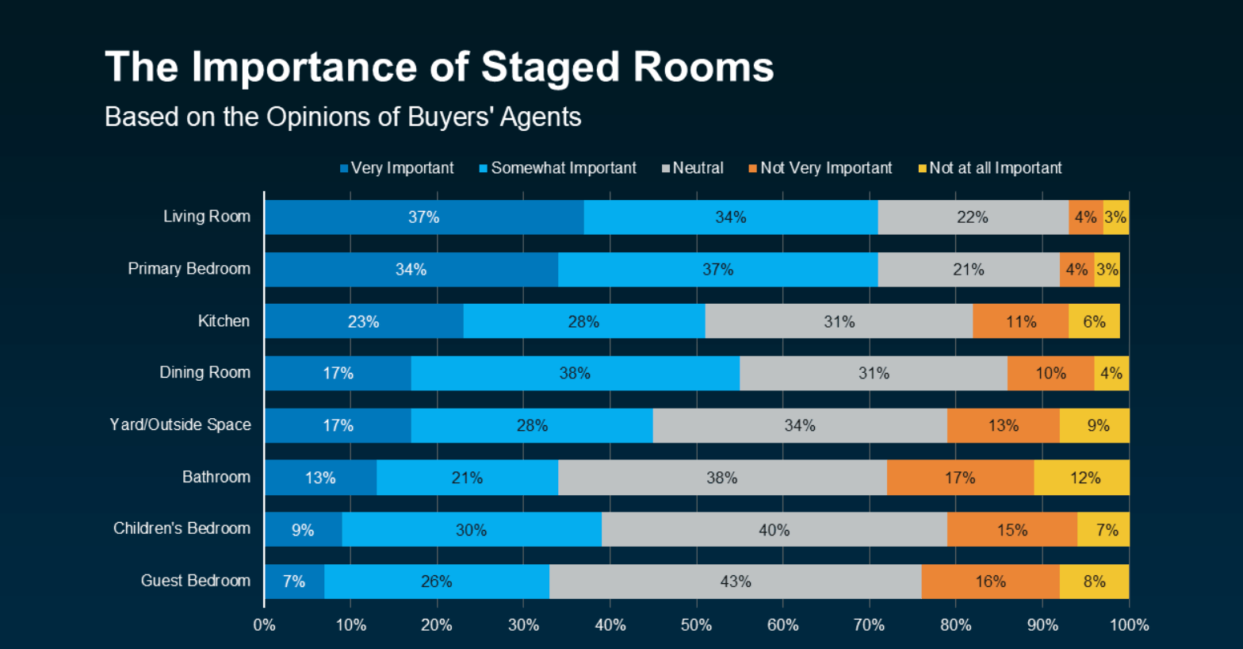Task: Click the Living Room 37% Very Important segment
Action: pyautogui.click(x=424, y=217)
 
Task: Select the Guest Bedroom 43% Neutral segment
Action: pyautogui.click(x=735, y=582)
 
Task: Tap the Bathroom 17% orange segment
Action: pyautogui.click(x=960, y=478)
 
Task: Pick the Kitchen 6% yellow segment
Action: pyautogui.click(x=1094, y=321)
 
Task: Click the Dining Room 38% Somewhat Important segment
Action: pyautogui.click(x=575, y=373)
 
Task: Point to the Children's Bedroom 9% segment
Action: pyautogui.click(x=303, y=529)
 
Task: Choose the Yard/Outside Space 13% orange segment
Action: pyautogui.click(x=1003, y=425)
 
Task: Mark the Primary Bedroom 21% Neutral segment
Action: pyautogui.click(x=968, y=270)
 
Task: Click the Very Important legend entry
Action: pyautogui.click(x=397, y=168)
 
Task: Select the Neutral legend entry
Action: pyautogui.click(x=694, y=168)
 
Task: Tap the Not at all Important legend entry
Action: pyautogui.click(x=990, y=168)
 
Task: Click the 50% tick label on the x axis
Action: pyautogui.click(x=696, y=625)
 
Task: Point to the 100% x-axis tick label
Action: pyautogui.click(x=1129, y=625)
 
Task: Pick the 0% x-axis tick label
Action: pyautogui.click(x=264, y=625)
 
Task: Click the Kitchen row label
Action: pyautogui.click(x=224, y=321)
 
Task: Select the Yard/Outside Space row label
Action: pyautogui.click(x=180, y=424)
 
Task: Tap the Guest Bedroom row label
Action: pyautogui.click(x=196, y=581)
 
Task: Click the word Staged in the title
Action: pyautogui.click(x=551, y=67)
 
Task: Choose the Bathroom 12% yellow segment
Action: pyautogui.click(x=1084, y=478)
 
